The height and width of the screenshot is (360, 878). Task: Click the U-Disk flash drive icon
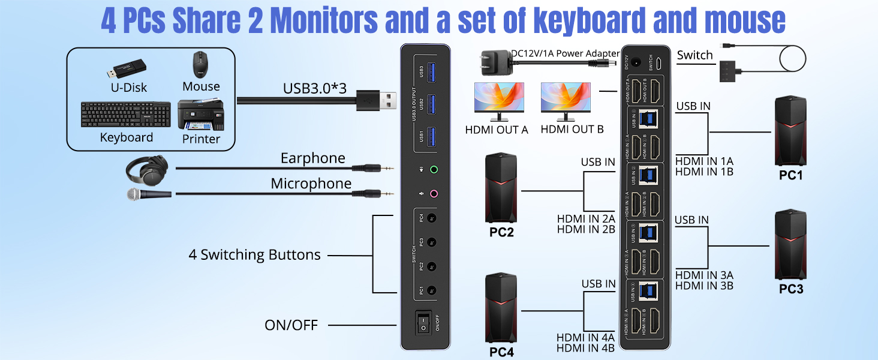pos(127,69)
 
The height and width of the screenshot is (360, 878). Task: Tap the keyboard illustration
pos(127,115)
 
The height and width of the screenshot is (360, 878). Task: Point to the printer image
pos(200,115)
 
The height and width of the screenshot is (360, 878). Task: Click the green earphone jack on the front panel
pos(434,170)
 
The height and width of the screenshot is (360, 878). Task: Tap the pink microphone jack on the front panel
pos(434,194)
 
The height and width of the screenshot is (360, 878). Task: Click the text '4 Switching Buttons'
pos(254,254)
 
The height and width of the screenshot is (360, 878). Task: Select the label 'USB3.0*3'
pos(315,88)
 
